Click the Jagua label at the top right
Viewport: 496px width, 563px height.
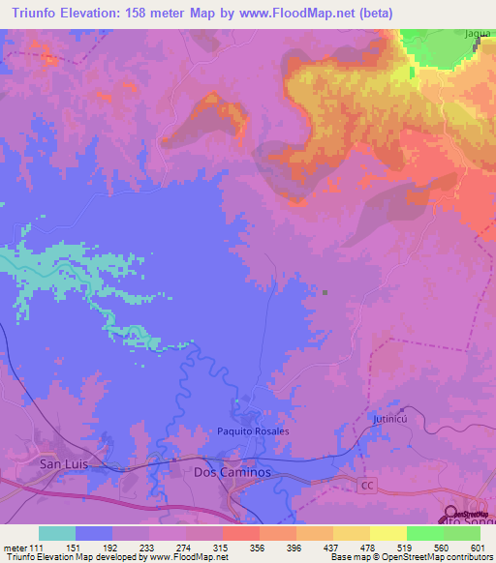point(477,34)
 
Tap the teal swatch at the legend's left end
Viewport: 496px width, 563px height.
point(57,533)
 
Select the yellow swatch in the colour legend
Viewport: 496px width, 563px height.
point(388,533)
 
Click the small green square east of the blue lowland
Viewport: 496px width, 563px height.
point(325,293)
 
